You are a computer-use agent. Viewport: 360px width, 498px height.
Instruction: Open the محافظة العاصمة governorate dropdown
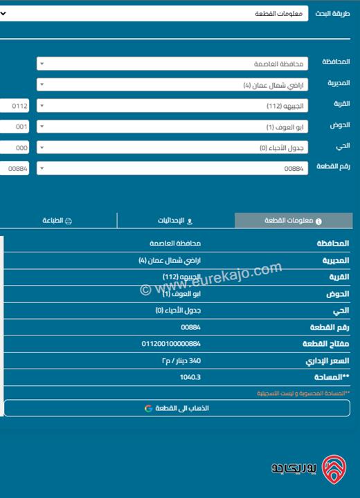click(x=172, y=64)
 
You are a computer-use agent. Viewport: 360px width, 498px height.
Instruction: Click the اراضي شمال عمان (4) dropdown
click(x=172, y=85)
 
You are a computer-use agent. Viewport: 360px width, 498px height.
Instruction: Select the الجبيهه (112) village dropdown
click(x=172, y=106)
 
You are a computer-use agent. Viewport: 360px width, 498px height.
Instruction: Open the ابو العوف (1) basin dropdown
click(x=172, y=127)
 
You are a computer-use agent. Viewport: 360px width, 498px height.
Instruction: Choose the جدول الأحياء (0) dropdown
click(x=172, y=147)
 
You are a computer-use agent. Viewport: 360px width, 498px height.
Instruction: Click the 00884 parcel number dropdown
click(x=172, y=168)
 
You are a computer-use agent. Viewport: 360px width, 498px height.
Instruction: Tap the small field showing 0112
click(x=15, y=106)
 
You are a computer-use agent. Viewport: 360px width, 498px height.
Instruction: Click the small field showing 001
click(x=15, y=127)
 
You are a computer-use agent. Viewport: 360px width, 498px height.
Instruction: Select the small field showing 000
click(x=15, y=147)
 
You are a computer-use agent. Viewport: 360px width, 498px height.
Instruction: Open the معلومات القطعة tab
click(x=294, y=221)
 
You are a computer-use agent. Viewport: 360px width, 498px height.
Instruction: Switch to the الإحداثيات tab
click(x=177, y=221)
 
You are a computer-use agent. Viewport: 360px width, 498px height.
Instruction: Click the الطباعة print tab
click(x=58, y=221)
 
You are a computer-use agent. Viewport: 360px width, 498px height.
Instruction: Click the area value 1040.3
click(x=190, y=377)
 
